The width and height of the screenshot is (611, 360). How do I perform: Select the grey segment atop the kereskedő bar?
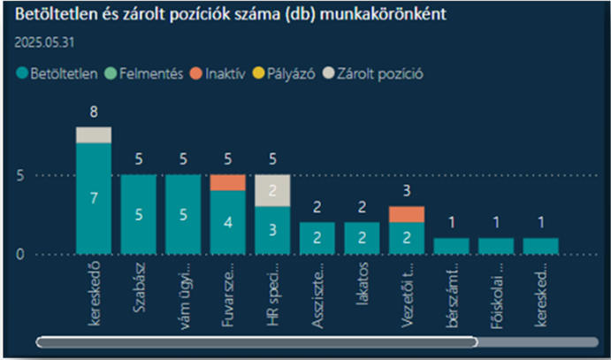coord(94,134)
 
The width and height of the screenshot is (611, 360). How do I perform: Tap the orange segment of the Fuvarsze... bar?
coord(228,182)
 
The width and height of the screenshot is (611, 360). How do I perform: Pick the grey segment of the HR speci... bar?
coord(272,190)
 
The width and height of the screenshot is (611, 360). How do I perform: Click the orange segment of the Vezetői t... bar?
coord(407,214)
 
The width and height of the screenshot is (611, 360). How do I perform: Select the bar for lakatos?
coord(362,238)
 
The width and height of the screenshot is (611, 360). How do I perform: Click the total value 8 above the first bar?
coord(94,112)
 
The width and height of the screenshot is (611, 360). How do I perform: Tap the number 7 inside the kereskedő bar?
coord(94,198)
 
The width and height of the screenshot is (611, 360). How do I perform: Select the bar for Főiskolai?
coord(496,246)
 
